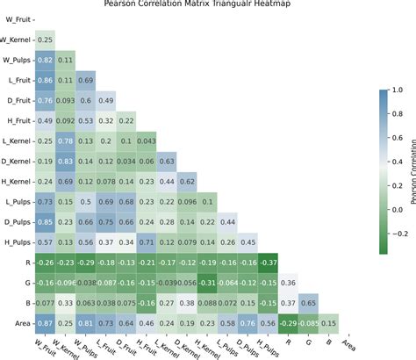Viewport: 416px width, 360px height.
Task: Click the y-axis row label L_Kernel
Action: tap(17, 140)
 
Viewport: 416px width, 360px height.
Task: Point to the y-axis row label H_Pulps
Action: tap(17, 241)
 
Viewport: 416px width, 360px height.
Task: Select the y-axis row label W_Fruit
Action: tap(17, 19)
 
